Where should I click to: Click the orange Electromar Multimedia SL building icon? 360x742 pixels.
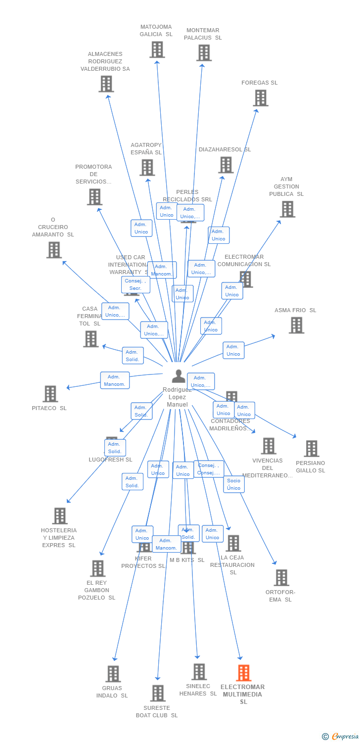pyautogui.click(x=243, y=673)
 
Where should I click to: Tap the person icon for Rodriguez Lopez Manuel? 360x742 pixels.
pyautogui.click(x=179, y=376)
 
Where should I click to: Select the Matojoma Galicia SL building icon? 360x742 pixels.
pyautogui.click(x=157, y=49)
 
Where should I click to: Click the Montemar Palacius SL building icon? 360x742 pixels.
pyautogui.click(x=203, y=53)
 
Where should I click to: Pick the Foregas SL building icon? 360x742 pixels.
pyautogui.click(x=260, y=98)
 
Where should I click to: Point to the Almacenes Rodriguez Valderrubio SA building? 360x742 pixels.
pyautogui.click(x=106, y=84)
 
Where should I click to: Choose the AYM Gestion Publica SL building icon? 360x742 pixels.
pyautogui.click(x=287, y=209)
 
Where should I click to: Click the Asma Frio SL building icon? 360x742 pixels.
pyautogui.click(x=296, y=325)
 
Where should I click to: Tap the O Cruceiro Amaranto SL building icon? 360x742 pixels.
pyautogui.click(x=54, y=250)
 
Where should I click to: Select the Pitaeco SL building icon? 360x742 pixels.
pyautogui.click(x=50, y=394)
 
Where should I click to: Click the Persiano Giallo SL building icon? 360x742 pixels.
pyautogui.click(x=311, y=449)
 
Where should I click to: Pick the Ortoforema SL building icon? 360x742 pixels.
pyautogui.click(x=281, y=577)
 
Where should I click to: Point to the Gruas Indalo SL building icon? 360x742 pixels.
pyautogui.click(x=113, y=674)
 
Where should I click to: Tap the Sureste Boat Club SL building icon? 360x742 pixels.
pyautogui.click(x=157, y=693)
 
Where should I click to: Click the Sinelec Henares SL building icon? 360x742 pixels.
pyautogui.click(x=199, y=672)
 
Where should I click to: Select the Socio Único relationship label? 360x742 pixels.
pyautogui.click(x=234, y=484)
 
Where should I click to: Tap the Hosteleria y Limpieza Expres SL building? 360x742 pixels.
pyautogui.click(x=59, y=516)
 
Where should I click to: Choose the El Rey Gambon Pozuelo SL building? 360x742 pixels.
pyautogui.click(x=97, y=568)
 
